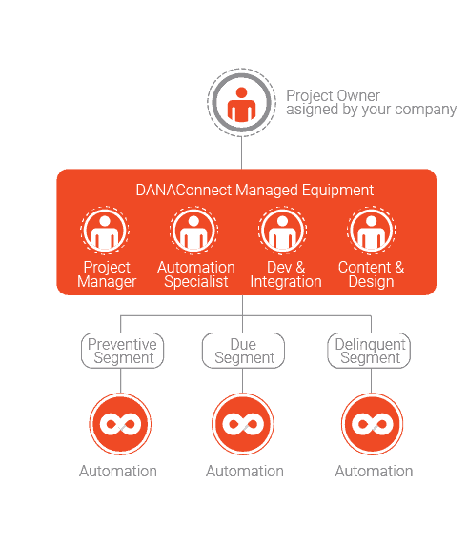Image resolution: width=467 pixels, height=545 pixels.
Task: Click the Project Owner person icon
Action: click(242, 103)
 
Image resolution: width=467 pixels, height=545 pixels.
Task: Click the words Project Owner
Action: click(333, 95)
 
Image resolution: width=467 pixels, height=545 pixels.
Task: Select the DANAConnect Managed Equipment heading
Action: click(254, 191)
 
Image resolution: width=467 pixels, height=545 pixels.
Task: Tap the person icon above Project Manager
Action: click(105, 230)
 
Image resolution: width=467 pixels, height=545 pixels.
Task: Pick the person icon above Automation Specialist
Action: click(193, 230)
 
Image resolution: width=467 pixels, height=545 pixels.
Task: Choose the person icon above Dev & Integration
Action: click(282, 230)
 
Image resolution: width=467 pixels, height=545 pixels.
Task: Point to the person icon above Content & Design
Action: click(371, 230)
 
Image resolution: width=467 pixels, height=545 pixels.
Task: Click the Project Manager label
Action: click(107, 274)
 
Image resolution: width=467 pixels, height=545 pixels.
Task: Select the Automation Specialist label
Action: click(196, 274)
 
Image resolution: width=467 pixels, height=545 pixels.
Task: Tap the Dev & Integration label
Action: click(286, 274)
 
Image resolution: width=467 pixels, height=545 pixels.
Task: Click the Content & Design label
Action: click(371, 274)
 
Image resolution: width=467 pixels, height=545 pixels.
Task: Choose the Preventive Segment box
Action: click(122, 351)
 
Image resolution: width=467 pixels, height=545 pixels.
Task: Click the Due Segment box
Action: click(243, 351)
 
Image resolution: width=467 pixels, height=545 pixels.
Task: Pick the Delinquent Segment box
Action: click(369, 351)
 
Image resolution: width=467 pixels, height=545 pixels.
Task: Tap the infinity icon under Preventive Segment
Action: click(120, 424)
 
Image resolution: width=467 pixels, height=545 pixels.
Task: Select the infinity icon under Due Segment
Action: click(243, 424)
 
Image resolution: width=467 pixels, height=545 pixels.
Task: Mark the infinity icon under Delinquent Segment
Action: click(372, 424)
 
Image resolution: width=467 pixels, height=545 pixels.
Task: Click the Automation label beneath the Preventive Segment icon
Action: click(118, 472)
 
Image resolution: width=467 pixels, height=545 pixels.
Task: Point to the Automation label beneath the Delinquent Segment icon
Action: click(375, 472)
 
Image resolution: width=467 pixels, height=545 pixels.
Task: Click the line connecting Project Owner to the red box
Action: click(242, 153)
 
